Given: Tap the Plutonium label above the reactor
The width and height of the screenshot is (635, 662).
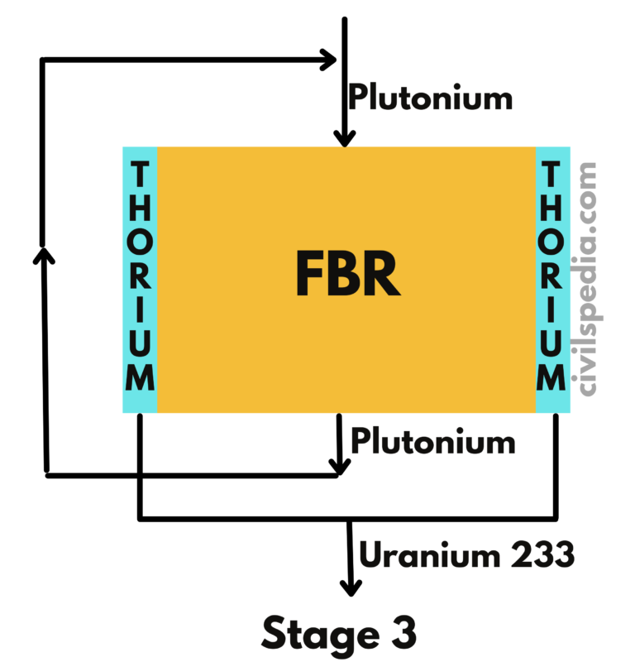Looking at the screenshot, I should click(430, 98).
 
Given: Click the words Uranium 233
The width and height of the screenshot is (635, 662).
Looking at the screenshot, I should click(466, 555).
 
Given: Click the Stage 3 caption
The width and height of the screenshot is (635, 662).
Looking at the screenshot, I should click(339, 635).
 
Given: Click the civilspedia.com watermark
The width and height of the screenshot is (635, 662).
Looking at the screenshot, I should click(588, 277).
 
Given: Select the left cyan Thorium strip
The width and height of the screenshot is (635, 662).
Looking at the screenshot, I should click(140, 279).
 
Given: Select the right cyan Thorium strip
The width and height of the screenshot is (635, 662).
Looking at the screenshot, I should click(552, 279).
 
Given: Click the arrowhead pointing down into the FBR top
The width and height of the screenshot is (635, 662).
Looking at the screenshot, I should click(346, 138).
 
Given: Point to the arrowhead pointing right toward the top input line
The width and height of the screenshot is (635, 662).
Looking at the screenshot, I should click(328, 60).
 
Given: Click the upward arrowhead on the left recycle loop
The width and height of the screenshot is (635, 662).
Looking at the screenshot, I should click(43, 252).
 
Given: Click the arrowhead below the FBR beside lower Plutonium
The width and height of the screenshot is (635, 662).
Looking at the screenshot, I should click(338, 465).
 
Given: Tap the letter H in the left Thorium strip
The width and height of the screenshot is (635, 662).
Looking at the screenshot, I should click(141, 208).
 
